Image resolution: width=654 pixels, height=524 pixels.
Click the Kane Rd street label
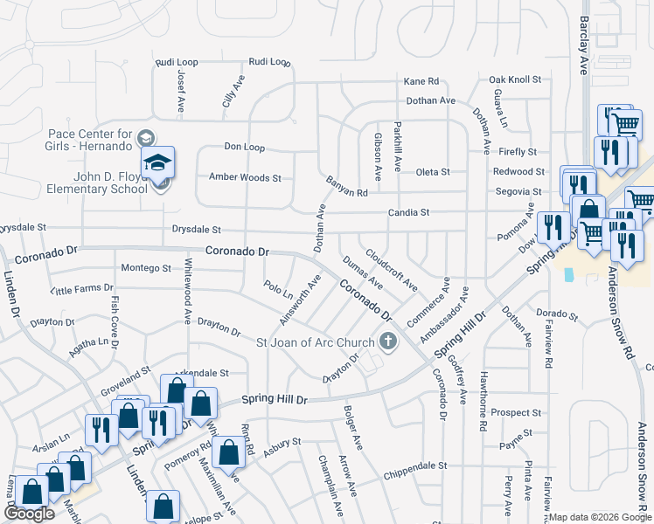tap(421, 81)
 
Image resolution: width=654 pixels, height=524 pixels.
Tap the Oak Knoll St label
tap(515, 79)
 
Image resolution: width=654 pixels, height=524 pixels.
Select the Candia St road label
tap(409, 212)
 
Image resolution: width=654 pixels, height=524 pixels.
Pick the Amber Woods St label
tap(245, 177)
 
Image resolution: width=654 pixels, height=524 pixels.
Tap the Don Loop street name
tap(244, 147)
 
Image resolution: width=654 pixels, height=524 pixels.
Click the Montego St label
tap(146, 267)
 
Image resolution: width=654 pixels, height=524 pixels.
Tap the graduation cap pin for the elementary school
tap(159, 162)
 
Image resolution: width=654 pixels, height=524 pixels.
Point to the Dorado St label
tap(558, 314)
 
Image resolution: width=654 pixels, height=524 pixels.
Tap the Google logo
tap(30, 514)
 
